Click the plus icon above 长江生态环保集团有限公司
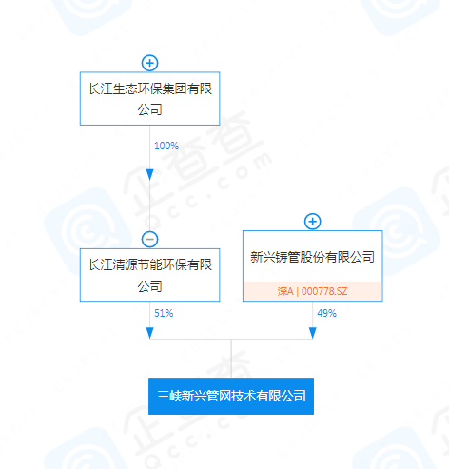149,63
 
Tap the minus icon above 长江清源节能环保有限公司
149,239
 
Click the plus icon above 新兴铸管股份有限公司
313,222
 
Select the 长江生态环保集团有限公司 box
149,99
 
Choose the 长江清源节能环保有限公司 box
149,275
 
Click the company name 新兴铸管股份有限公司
313,257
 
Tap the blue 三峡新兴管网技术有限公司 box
231,396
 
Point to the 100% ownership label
166,146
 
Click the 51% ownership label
164,313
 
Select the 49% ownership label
326,313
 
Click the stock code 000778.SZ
324,291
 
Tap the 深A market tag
285,291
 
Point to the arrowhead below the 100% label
149,175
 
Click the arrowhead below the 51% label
149,333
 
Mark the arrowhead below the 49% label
313,333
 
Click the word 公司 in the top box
149,109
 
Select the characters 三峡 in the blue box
169,396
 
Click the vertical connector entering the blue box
231,359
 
